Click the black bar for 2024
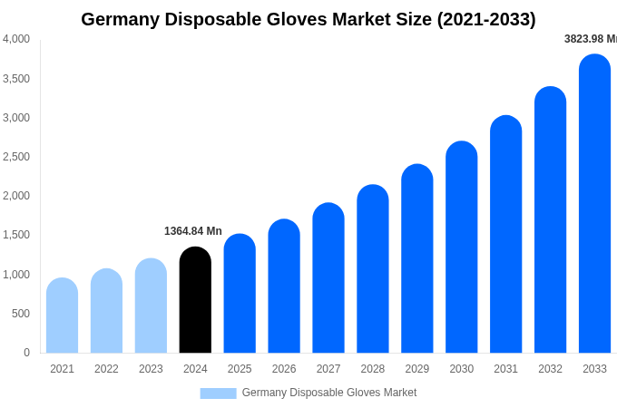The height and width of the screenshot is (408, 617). (195, 300)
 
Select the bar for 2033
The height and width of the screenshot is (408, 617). (594, 204)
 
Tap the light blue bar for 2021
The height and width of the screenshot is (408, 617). (62, 316)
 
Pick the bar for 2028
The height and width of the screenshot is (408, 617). (373, 269)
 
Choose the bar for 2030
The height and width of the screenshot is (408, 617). (461, 248)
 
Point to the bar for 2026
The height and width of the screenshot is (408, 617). (284, 287)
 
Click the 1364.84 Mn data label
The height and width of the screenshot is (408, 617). (193, 231)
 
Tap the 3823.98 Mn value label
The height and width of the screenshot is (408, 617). (591, 39)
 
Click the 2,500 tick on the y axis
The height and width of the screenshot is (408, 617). (15, 157)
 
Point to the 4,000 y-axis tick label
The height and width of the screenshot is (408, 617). (15, 39)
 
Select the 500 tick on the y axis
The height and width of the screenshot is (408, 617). (20, 314)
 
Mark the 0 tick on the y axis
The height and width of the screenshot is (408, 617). (26, 353)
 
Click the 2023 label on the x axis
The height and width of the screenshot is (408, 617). (151, 369)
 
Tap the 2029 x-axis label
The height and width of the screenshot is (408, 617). (417, 369)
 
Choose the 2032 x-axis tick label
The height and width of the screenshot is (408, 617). (550, 369)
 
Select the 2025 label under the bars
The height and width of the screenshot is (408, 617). (240, 369)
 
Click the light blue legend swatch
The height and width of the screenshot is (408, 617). (218, 393)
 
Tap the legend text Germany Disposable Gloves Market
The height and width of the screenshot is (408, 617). (329, 393)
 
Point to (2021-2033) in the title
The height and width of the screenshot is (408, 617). (486, 19)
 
